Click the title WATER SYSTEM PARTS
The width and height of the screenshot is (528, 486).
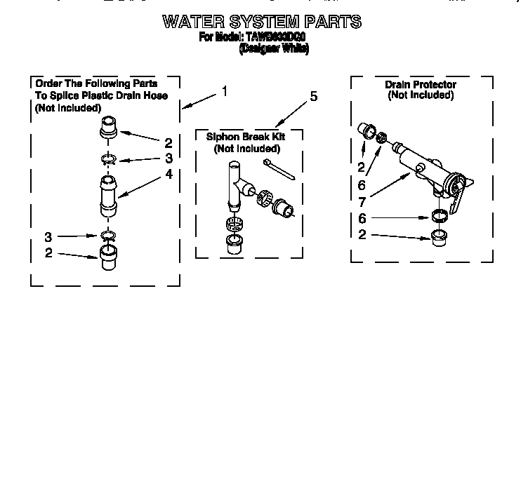pos(262,22)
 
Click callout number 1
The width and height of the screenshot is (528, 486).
pos(224,91)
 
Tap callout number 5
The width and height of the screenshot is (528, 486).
pos(313,96)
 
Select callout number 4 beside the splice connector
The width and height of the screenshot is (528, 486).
pos(169,175)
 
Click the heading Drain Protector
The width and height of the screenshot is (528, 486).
pos(420,85)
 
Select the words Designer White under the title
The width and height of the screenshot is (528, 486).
pos(273,49)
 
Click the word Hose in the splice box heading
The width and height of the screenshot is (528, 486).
pos(157,95)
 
